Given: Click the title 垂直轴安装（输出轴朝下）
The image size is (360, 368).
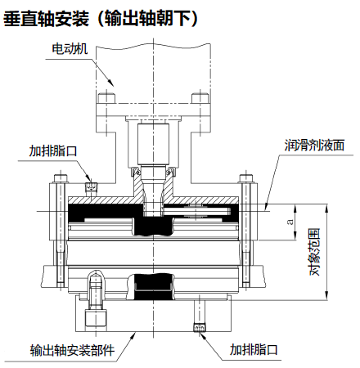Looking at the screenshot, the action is pos(100,19).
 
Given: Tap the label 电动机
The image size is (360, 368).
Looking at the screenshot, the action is pos(70,49).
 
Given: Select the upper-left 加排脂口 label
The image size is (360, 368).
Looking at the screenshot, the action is pos(53,150).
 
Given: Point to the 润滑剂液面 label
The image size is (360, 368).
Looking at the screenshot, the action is pos(314,146).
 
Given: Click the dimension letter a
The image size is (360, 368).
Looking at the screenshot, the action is pos(290,222).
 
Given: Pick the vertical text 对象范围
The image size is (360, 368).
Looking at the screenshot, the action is pos(314,252).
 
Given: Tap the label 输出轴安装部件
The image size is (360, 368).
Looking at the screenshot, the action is pos(72,350).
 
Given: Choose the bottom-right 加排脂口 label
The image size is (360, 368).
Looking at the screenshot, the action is pos(254,349).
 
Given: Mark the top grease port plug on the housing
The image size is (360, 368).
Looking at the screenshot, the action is pos(91,187).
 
